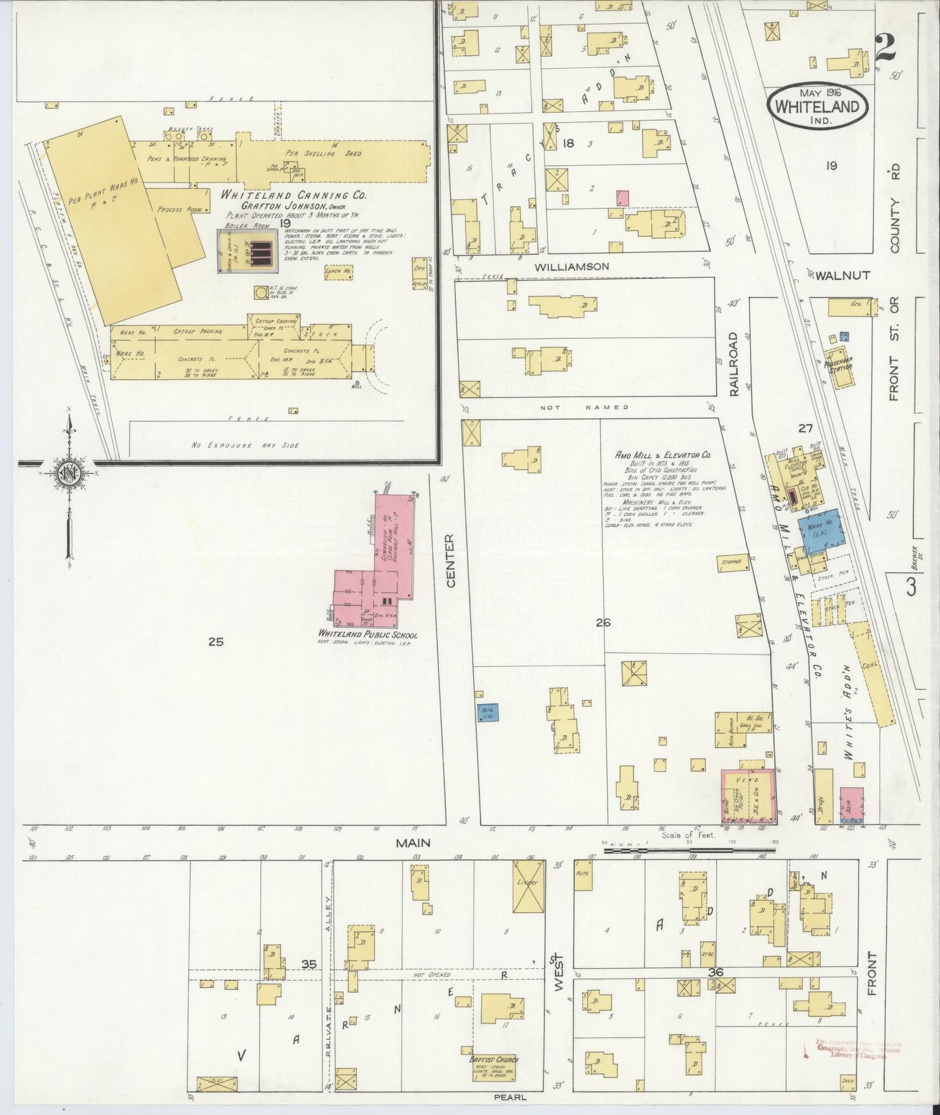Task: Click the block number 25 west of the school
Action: (216, 641)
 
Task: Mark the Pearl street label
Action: (510, 1096)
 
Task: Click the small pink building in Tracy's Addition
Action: (623, 198)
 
